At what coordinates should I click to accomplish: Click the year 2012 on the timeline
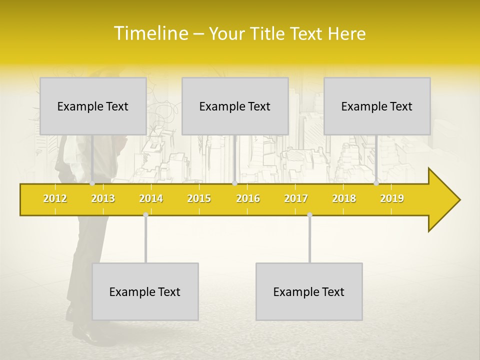pos(55,198)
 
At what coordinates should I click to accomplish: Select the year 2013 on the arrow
pos(103,198)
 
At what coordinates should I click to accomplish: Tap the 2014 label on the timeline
pos(151,198)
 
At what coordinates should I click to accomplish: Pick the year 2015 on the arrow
pos(199,198)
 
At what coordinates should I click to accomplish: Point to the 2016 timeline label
pos(248,198)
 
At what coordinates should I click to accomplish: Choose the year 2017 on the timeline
pos(296,198)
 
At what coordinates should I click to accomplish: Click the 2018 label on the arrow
pos(344,198)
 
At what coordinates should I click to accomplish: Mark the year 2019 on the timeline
pos(392,198)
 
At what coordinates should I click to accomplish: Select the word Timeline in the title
pos(150,33)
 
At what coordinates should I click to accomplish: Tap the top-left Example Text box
pos(93,106)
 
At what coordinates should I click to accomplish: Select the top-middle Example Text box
pos(235,106)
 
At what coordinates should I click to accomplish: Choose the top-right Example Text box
pos(377,106)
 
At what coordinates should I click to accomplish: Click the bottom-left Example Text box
pos(145,291)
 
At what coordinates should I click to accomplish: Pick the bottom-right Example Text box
pos(309,291)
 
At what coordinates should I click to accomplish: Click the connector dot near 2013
pos(92,183)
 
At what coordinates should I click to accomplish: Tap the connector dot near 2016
pos(234,183)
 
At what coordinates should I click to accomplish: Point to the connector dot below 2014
pos(145,214)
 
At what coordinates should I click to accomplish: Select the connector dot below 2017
pos(309,214)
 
